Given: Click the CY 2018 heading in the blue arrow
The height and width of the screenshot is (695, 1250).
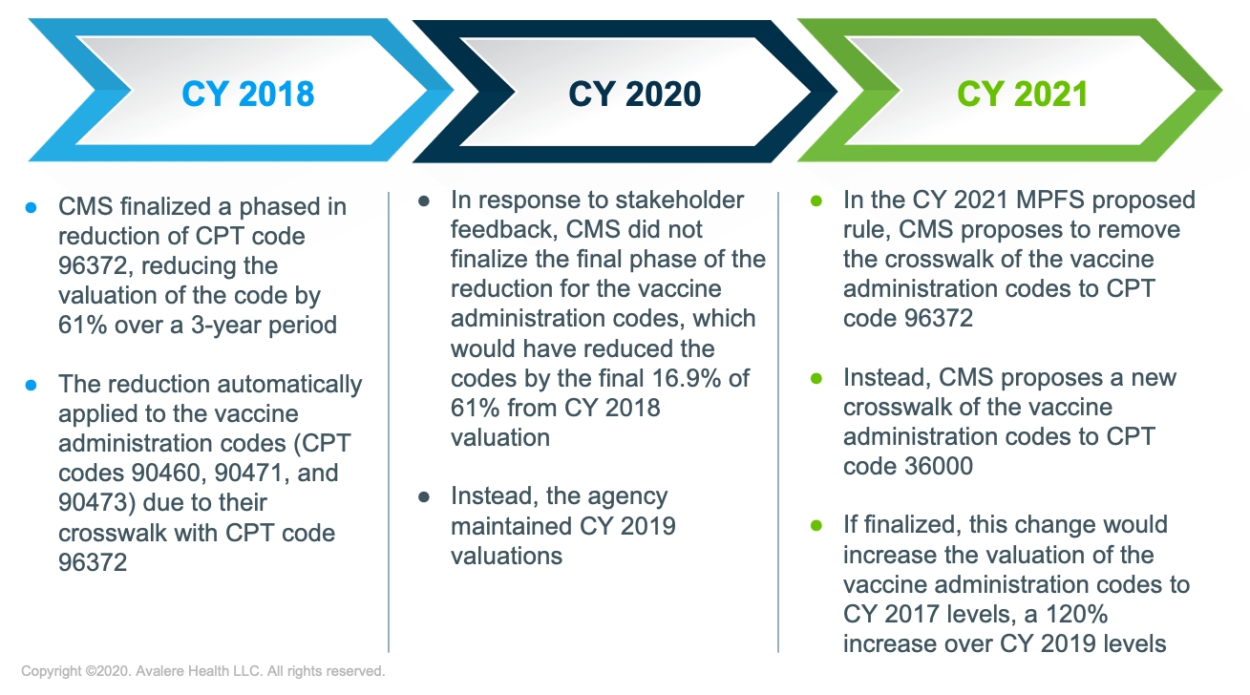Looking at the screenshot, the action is [x=247, y=94].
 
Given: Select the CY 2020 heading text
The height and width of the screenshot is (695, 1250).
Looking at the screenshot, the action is [x=634, y=94].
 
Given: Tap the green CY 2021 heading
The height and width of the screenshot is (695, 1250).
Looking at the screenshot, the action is [x=1023, y=94].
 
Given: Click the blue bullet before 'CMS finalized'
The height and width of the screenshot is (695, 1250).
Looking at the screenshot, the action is [x=32, y=208].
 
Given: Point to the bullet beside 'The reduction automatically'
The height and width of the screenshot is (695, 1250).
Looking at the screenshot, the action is [x=32, y=385].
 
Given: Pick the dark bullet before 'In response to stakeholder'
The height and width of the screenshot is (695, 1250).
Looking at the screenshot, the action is [x=424, y=200].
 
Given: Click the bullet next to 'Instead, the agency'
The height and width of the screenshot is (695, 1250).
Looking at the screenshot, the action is [x=424, y=496].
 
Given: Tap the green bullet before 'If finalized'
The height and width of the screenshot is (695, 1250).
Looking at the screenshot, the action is [x=816, y=525].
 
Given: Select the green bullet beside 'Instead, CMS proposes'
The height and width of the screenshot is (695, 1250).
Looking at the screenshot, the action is [x=816, y=379].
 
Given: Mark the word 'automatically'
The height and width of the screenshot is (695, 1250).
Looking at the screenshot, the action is [x=289, y=385].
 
